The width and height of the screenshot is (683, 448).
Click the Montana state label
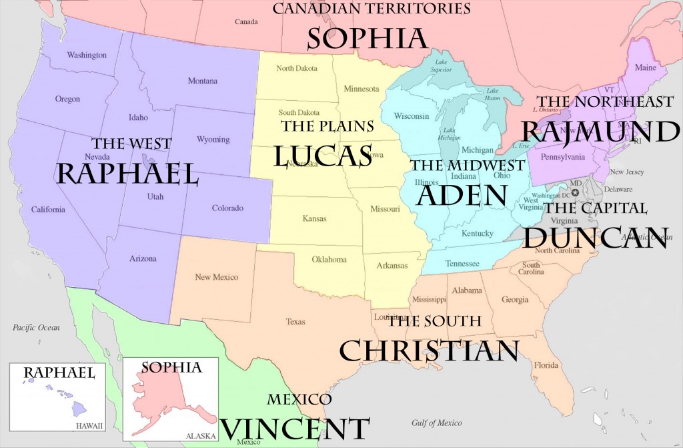pyautogui.click(x=202, y=81)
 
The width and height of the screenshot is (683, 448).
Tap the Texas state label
pyautogui.click(x=295, y=321)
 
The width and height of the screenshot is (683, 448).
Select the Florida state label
pyautogui.click(x=545, y=365)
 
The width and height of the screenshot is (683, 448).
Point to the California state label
pyautogui.click(x=48, y=210)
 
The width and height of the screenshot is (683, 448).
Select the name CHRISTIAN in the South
pyautogui.click(x=429, y=349)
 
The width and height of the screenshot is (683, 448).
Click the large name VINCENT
pyautogui.click(x=294, y=427)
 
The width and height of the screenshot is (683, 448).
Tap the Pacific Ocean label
pyautogui.click(x=36, y=327)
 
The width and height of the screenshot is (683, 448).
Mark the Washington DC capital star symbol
pyautogui.click(x=575, y=192)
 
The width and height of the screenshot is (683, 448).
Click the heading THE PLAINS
pyautogui.click(x=327, y=126)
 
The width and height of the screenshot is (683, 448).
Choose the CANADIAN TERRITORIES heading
pyautogui.click(x=372, y=9)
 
